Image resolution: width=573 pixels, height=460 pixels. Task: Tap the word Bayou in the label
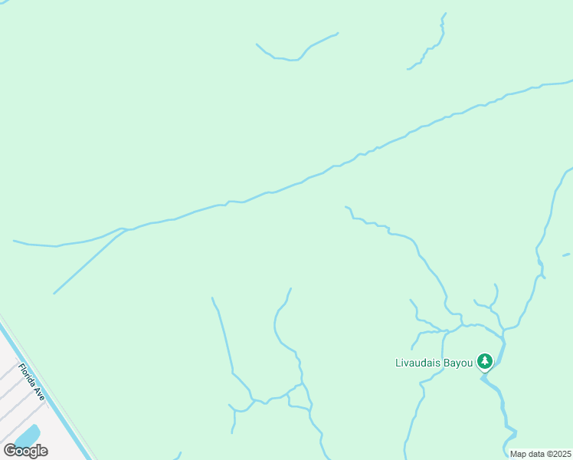point(458,362)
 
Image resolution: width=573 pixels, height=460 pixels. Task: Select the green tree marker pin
point(484,360)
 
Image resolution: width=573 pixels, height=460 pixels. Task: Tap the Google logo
point(25,451)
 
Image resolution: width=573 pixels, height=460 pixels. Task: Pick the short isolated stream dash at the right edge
point(566,255)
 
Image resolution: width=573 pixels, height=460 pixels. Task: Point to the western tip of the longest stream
point(15,242)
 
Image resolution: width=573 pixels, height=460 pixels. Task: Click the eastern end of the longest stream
point(570,80)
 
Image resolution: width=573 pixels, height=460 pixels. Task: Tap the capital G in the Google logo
point(10,450)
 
